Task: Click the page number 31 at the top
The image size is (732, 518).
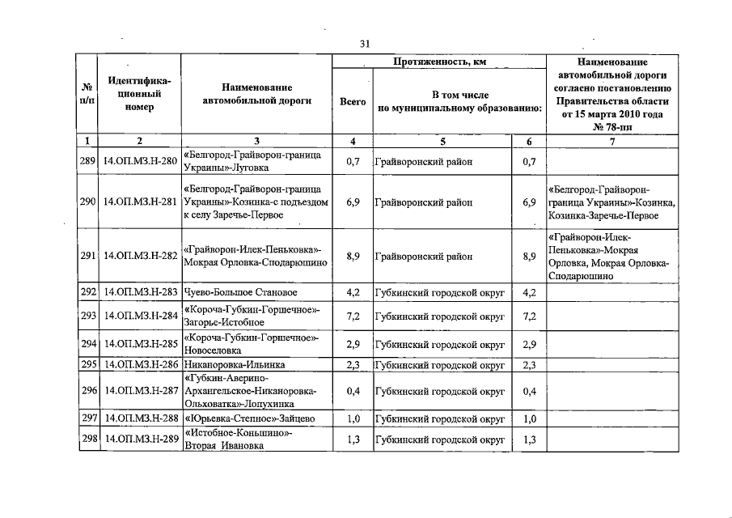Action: click(365, 44)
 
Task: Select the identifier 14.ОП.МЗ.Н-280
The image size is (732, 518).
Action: click(140, 162)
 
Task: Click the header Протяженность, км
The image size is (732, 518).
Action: click(439, 62)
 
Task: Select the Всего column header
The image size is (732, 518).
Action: click(352, 102)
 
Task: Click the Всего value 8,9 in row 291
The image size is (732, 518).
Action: click(352, 257)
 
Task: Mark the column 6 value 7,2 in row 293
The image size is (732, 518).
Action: click(529, 316)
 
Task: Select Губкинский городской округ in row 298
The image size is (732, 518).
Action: click(440, 439)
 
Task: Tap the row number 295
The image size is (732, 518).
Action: click(88, 365)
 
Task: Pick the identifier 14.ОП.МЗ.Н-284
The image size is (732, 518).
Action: click(140, 316)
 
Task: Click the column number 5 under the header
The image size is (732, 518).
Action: click(442, 142)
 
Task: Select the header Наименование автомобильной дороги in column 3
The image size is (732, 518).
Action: click(256, 94)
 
